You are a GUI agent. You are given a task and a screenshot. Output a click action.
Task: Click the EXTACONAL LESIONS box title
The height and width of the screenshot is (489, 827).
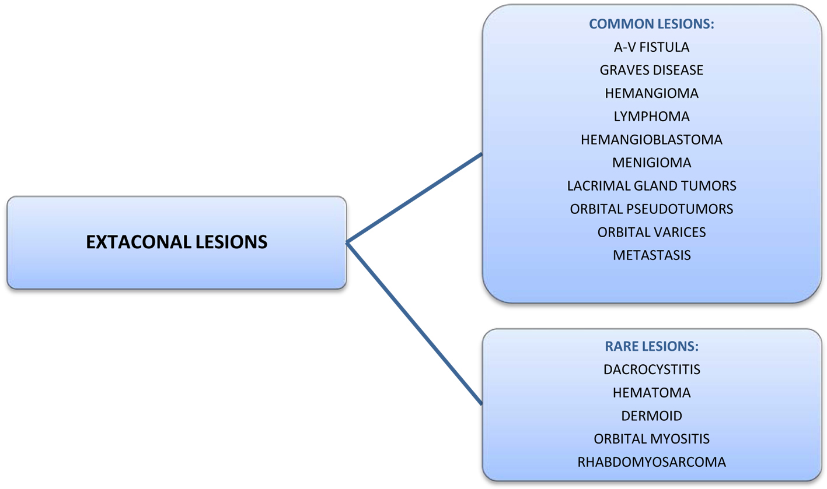(177, 242)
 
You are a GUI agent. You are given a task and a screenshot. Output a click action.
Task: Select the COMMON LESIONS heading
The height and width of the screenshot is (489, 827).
(651, 24)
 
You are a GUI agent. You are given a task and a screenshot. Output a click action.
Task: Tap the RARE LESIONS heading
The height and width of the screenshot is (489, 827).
(651, 346)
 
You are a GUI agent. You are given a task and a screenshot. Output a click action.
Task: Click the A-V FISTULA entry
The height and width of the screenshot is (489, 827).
(651, 47)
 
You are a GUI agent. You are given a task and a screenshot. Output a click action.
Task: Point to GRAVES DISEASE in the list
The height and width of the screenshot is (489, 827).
(651, 70)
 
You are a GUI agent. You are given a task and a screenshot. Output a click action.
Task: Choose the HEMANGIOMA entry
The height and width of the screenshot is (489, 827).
(651, 93)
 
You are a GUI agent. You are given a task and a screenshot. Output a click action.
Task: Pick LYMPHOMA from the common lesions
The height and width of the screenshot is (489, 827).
(651, 117)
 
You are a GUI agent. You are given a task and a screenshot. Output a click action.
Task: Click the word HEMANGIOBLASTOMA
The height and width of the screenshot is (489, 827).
(651, 140)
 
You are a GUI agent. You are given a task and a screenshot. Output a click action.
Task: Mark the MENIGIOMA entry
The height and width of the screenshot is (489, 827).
(651, 163)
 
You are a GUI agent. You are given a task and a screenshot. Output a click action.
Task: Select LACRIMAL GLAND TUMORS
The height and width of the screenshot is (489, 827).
(651, 186)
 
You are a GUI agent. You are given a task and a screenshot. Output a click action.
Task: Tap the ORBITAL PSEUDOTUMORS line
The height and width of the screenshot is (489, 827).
(651, 209)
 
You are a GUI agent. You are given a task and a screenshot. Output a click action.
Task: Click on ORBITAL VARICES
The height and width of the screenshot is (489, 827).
(651, 232)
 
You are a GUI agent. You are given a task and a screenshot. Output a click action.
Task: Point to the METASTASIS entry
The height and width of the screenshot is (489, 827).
(651, 255)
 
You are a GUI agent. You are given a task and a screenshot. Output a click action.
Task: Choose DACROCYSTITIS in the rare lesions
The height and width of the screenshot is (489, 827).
(651, 370)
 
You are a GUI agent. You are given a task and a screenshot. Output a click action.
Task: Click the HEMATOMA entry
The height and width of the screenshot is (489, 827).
(651, 393)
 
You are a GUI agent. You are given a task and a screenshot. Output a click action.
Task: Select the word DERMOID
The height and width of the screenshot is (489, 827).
(651, 416)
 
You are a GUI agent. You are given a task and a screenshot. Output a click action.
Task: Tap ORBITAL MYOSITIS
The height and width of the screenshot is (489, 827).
(651, 439)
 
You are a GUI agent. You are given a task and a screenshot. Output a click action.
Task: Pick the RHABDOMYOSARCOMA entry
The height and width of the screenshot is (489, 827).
(651, 462)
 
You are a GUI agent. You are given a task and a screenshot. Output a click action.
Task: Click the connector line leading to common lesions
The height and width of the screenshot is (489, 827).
(414, 198)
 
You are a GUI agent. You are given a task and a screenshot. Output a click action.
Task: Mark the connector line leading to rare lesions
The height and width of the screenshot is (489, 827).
(414, 323)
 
